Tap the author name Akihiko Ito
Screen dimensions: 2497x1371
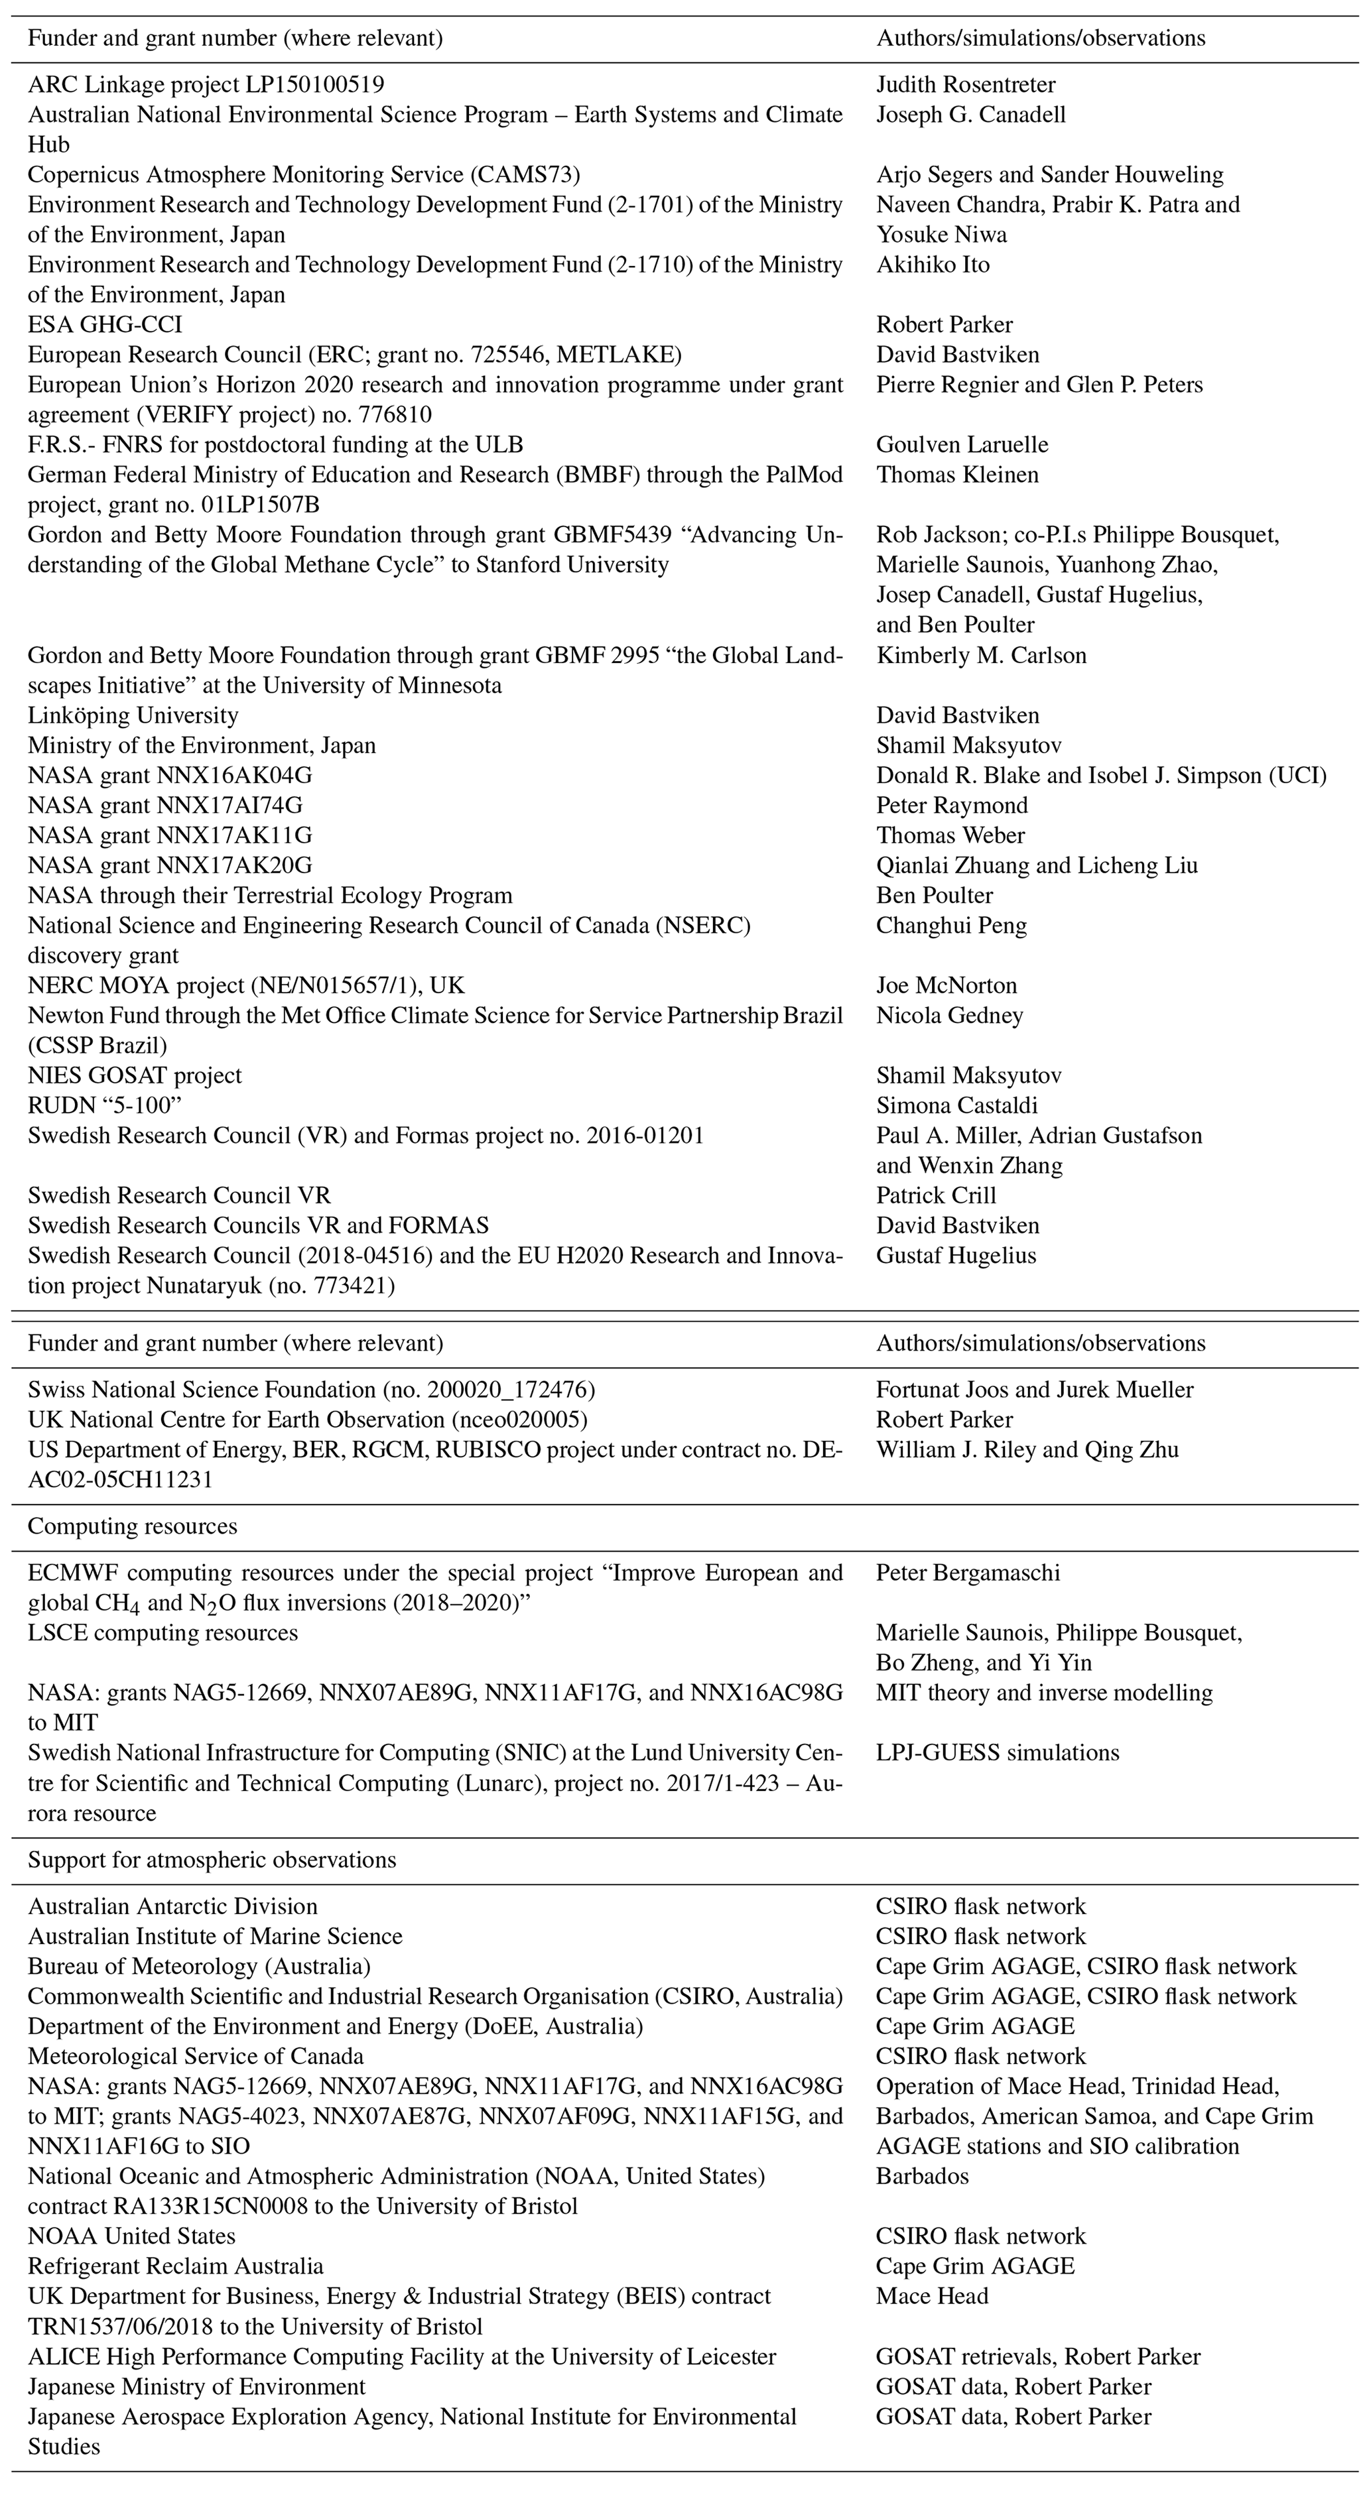coord(933,265)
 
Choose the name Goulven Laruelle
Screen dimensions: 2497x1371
coord(962,445)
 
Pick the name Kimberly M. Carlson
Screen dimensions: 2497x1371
coord(981,655)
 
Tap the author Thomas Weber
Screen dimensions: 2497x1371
coord(950,835)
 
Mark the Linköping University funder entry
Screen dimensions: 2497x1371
coord(133,715)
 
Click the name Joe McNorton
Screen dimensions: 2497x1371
coord(947,986)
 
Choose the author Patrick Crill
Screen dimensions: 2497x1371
coord(936,1196)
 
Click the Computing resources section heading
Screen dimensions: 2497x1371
coord(132,1527)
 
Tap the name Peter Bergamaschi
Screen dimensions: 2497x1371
coord(968,1573)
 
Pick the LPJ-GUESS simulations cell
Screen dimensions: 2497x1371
coord(998,1752)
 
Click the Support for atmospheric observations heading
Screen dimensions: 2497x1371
coord(212,1860)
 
